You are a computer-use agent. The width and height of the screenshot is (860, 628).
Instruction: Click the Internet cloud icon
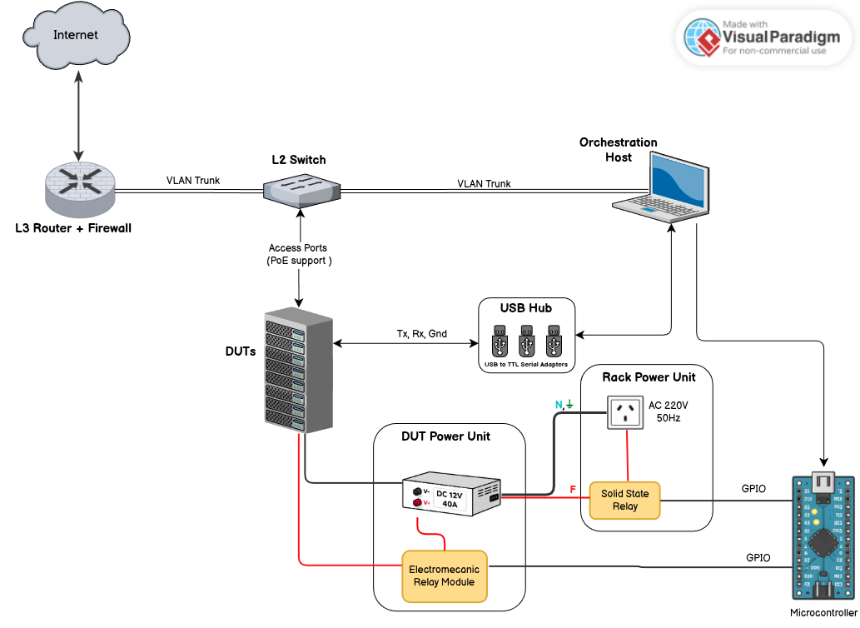[77, 35]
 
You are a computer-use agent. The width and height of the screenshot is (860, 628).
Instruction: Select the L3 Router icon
[80, 188]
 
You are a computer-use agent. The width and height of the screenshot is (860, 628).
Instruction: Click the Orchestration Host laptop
[663, 187]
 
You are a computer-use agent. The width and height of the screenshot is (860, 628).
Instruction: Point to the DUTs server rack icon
[297, 372]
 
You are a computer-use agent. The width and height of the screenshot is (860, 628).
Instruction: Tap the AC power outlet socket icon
[624, 412]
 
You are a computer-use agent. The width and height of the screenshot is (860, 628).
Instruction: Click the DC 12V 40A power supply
[452, 498]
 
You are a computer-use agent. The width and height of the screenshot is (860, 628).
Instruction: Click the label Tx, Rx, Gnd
[421, 334]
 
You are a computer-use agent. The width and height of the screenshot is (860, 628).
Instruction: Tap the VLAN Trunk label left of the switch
[193, 180]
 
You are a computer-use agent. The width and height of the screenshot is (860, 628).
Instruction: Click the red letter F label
[573, 487]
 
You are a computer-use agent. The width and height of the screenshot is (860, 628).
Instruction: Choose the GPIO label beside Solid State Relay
[754, 489]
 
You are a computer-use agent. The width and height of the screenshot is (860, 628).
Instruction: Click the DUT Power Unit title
[445, 436]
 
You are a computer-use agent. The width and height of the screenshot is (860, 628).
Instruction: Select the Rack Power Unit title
[648, 377]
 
